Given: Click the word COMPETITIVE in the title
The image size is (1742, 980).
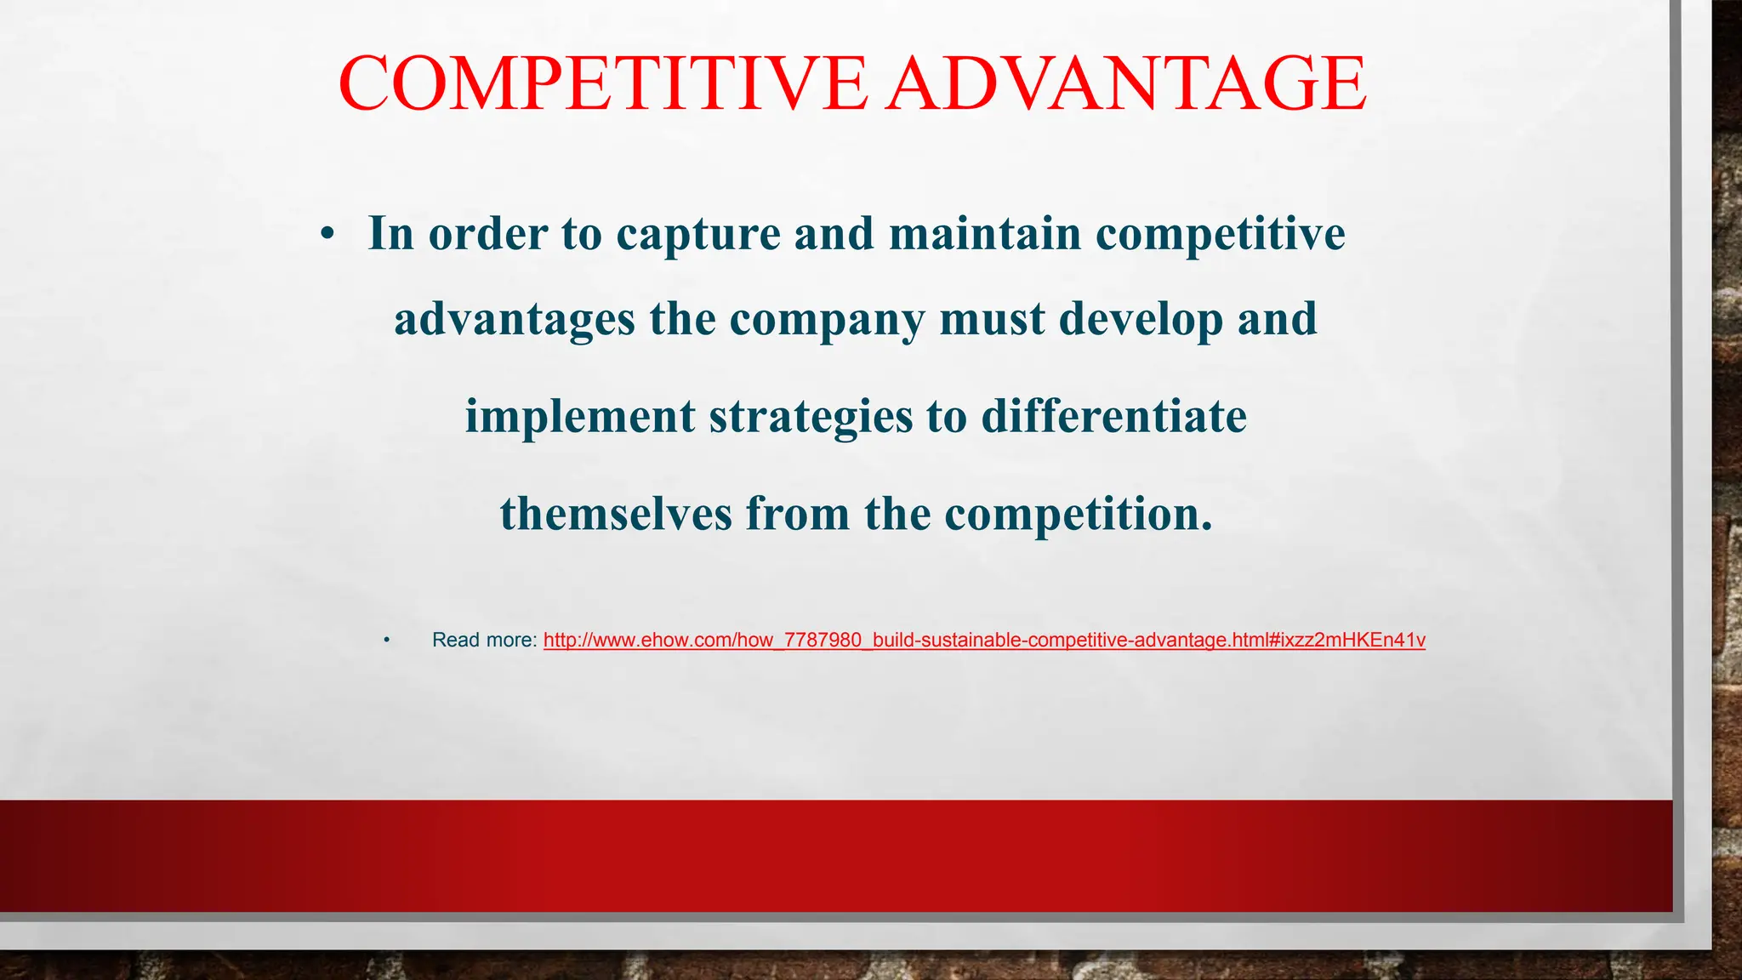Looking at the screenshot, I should coord(602,83).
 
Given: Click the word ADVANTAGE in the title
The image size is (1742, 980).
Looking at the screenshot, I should coord(1125,83).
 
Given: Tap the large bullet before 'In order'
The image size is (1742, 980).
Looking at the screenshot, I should coord(327,234).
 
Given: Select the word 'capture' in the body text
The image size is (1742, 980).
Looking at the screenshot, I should coord(698,234).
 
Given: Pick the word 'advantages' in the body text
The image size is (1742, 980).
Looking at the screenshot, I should coord(515,320).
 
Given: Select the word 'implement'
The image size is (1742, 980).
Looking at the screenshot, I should coord(580,417).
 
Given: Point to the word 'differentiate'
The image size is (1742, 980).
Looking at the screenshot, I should coord(1114,416).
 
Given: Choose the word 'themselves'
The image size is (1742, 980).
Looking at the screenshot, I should coord(616,514).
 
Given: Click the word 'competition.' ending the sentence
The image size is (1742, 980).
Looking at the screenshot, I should coord(1078,515).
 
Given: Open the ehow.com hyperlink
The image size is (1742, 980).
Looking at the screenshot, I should coord(984,640).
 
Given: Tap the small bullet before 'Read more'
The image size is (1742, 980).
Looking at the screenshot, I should coord(386,640).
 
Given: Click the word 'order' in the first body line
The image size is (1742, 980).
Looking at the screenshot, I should coord(487,234).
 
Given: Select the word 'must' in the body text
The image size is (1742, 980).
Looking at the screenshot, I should coord(992,320).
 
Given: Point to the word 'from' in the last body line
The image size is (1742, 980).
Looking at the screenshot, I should coord(798,514).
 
